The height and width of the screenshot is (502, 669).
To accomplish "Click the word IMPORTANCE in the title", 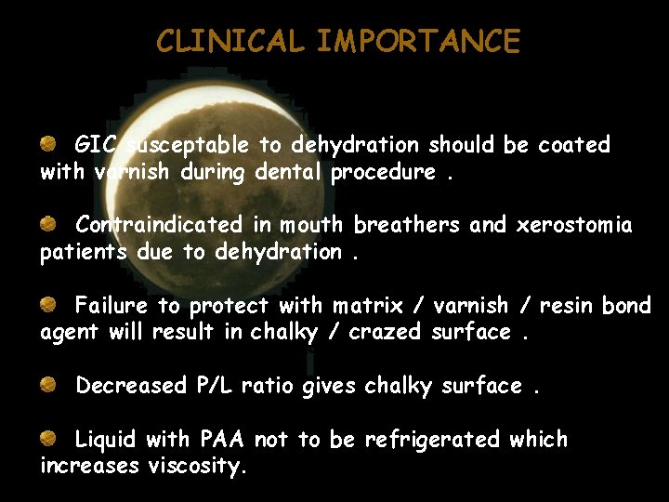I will click(x=418, y=42).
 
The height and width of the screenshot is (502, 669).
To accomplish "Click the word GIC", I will click(x=96, y=145).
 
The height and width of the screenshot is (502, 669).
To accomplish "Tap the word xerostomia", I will click(x=574, y=225).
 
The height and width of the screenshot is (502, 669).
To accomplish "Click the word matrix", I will click(x=372, y=306).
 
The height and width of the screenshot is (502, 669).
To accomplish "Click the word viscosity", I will click(x=197, y=467).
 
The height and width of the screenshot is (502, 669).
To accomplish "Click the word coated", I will click(x=574, y=145).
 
